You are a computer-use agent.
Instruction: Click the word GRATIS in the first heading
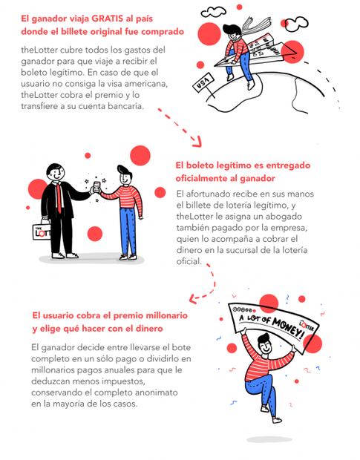108,19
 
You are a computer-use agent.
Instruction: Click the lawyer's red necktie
59,197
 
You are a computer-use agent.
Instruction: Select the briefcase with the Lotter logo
42,231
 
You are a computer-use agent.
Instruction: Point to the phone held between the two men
96,186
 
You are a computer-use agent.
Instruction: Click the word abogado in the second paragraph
284,217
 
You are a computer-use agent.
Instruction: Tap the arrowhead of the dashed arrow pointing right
197,142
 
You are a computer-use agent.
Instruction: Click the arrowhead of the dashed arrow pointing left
193,299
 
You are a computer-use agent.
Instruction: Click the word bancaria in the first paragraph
126,106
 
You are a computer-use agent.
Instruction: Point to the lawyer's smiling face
56,174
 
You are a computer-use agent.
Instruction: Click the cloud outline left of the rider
213,12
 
